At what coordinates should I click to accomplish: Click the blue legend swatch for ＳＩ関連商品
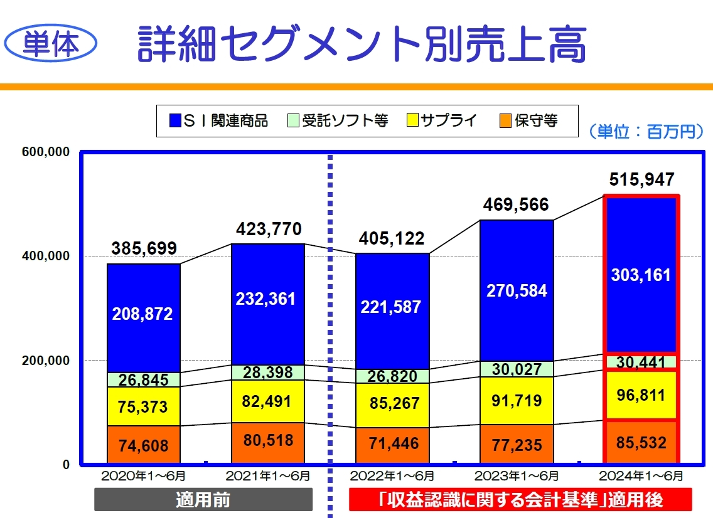(x=175, y=120)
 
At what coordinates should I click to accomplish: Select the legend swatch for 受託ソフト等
(x=294, y=120)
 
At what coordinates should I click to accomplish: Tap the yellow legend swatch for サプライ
(x=412, y=120)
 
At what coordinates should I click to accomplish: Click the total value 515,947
(x=641, y=181)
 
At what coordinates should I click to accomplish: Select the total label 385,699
(x=144, y=248)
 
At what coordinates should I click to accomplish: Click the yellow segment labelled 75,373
(x=144, y=406)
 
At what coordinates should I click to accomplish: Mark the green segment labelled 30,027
(x=517, y=369)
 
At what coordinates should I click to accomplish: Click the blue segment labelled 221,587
(x=392, y=307)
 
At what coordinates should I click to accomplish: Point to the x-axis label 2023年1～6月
(x=517, y=476)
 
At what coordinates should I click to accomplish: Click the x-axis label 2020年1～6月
(x=144, y=476)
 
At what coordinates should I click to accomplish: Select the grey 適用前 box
(x=203, y=500)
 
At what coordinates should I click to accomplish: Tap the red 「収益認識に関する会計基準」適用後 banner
(x=520, y=500)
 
